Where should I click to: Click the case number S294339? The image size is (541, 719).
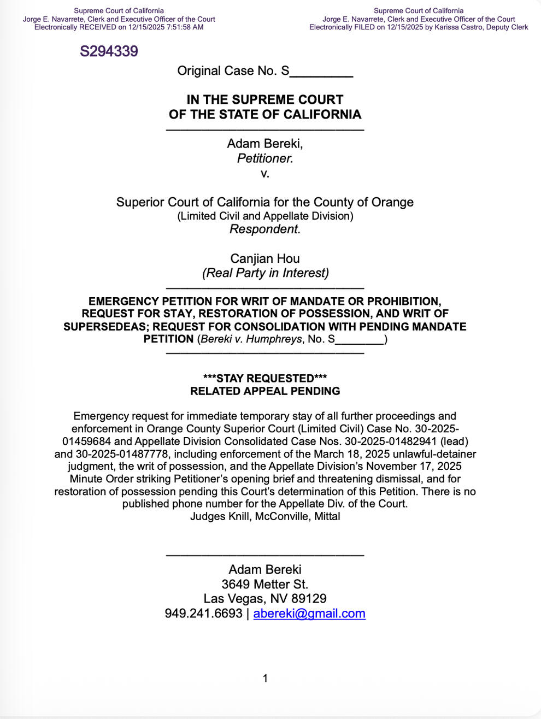(109, 51)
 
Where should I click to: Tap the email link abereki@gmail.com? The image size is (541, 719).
(309, 614)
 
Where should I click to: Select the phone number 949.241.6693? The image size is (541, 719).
(203, 614)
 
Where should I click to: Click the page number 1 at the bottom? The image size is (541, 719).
(265, 679)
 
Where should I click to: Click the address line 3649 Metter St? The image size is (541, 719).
(265, 584)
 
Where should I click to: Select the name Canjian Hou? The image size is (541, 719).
(265, 258)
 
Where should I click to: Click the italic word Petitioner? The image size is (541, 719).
(265, 158)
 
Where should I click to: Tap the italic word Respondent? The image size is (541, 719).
(265, 229)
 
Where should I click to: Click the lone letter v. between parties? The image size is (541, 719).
(265, 174)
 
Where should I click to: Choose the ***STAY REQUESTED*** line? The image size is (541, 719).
(265, 379)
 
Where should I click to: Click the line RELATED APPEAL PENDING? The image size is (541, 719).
(265, 391)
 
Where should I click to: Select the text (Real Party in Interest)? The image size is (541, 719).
(265, 273)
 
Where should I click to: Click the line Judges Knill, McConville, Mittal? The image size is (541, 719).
(265, 516)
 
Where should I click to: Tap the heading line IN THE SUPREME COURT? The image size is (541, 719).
(265, 99)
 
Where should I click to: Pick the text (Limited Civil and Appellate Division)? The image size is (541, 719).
(265, 216)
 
